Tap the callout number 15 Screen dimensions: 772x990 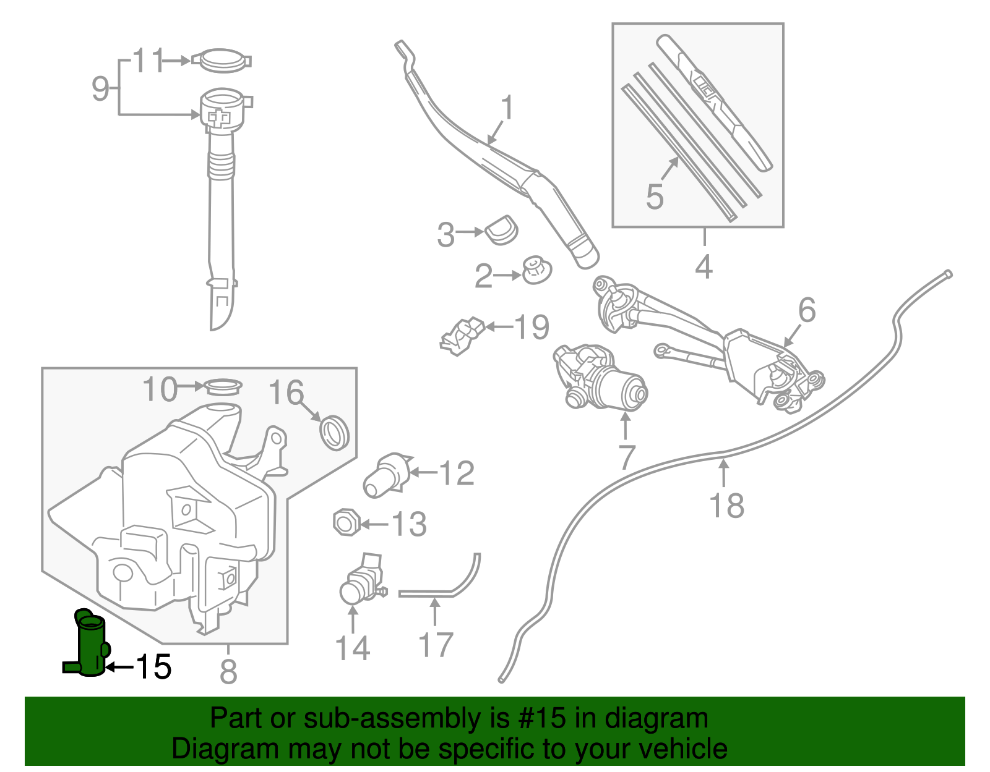point(153,667)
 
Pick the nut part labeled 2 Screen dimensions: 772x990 point(536,271)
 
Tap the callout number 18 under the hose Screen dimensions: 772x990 point(726,506)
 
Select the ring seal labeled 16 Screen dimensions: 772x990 point(334,432)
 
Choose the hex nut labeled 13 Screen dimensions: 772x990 point(345,524)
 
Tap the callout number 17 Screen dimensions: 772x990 point(436,645)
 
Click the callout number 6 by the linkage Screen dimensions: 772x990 point(807,310)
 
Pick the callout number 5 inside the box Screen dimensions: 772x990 point(655,197)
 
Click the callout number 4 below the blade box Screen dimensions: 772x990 point(704,267)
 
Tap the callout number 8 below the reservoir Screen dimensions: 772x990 point(228,671)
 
